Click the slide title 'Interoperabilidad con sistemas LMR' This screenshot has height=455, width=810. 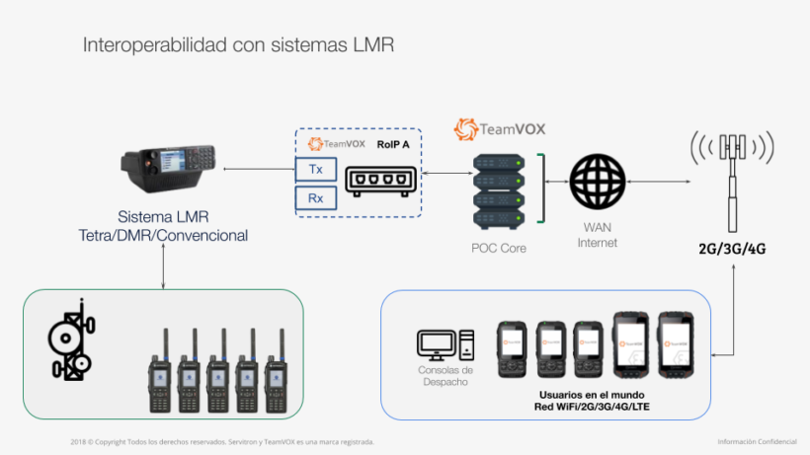pyautogui.click(x=240, y=45)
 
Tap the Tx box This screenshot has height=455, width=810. pyautogui.click(x=316, y=169)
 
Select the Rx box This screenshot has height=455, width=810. pyautogui.click(x=316, y=198)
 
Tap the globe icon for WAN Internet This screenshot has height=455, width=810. pyautogui.click(x=597, y=183)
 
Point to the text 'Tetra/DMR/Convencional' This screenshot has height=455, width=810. pyautogui.click(x=163, y=235)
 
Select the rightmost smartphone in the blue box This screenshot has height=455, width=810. pyautogui.click(x=678, y=344)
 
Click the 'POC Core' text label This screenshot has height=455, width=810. pyautogui.click(x=499, y=248)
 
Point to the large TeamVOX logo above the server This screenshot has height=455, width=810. pyautogui.click(x=499, y=129)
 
